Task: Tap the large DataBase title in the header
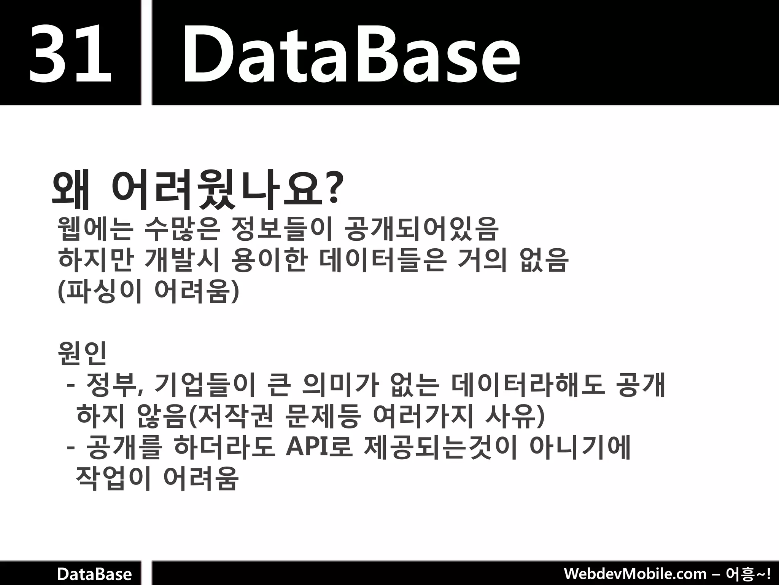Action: (351, 53)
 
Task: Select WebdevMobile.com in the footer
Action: (635, 574)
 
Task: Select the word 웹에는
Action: (95, 229)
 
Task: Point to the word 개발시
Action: (183, 261)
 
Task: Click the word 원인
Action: (82, 353)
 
